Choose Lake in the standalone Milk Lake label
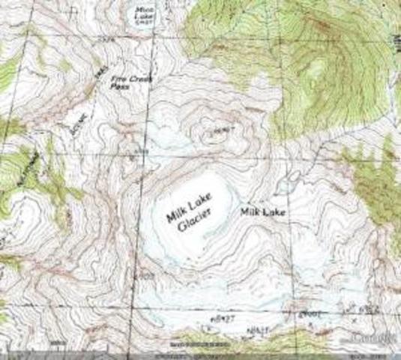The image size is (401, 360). [x=274, y=213]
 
